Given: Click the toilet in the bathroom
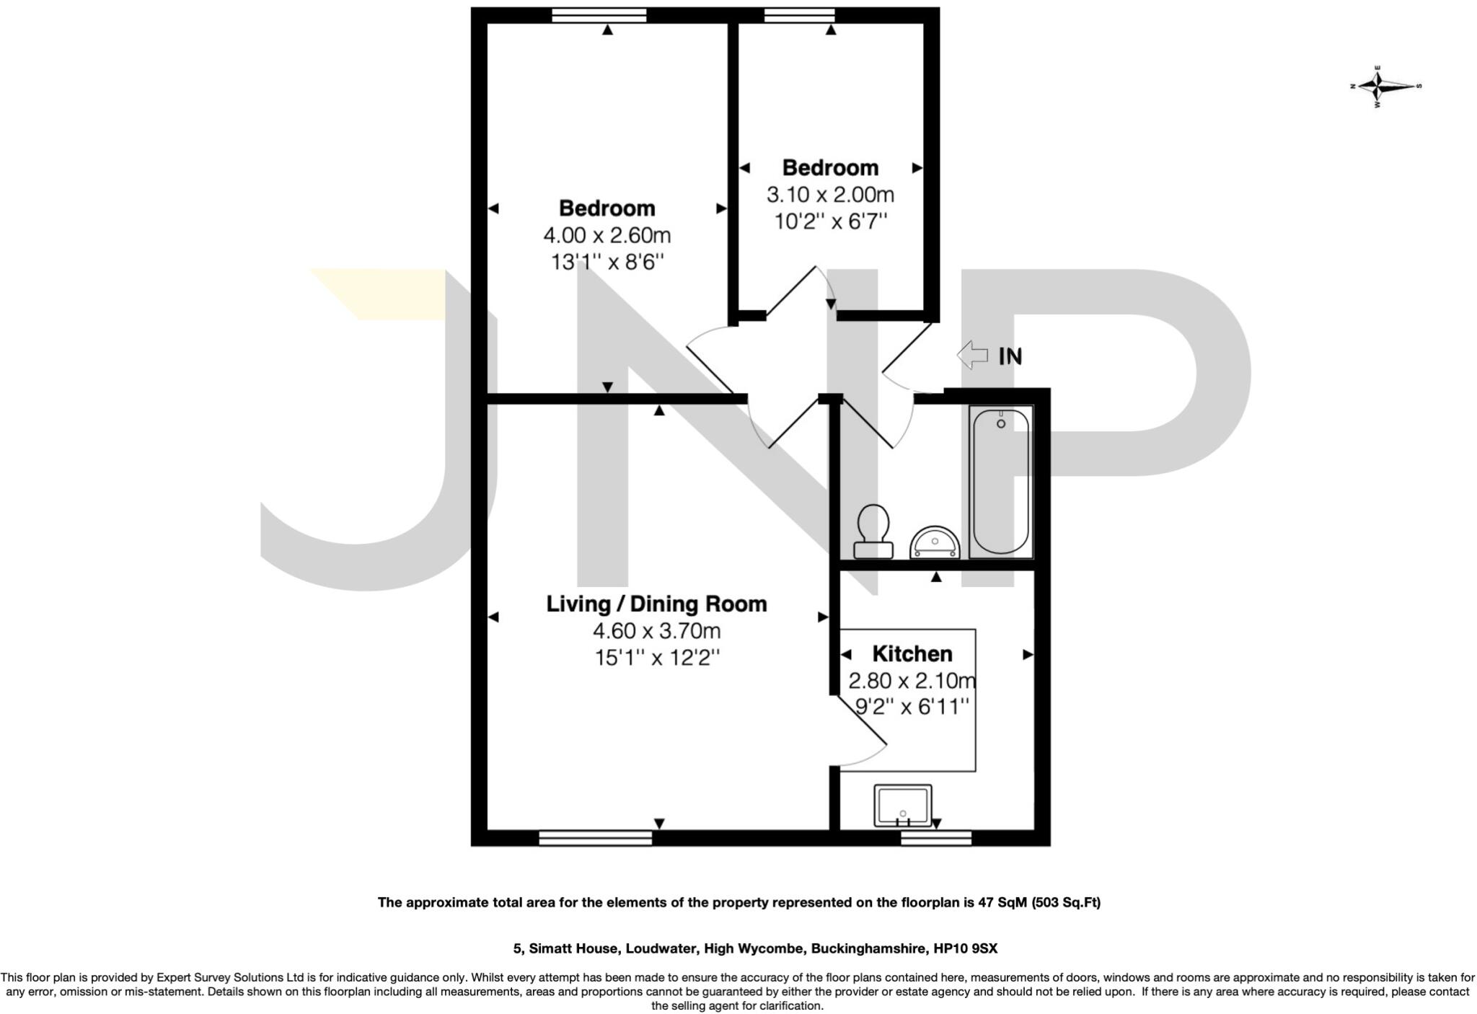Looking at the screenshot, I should (873, 532).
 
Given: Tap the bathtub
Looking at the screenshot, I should (1001, 484).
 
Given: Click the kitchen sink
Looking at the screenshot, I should (902, 806).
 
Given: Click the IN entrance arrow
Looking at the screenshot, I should (972, 355).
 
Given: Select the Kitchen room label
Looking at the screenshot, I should (912, 653).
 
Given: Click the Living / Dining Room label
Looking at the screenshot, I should (656, 604).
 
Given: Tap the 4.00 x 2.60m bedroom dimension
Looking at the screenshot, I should (607, 235).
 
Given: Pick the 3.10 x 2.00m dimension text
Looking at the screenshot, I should (830, 195).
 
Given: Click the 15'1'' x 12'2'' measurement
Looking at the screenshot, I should (656, 658).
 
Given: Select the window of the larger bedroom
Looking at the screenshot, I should (599, 15).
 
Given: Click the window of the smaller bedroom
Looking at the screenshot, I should (799, 15).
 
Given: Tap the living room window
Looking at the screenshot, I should (595, 837).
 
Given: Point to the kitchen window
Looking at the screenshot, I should (935, 837).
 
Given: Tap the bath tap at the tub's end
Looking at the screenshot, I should (1001, 423).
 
